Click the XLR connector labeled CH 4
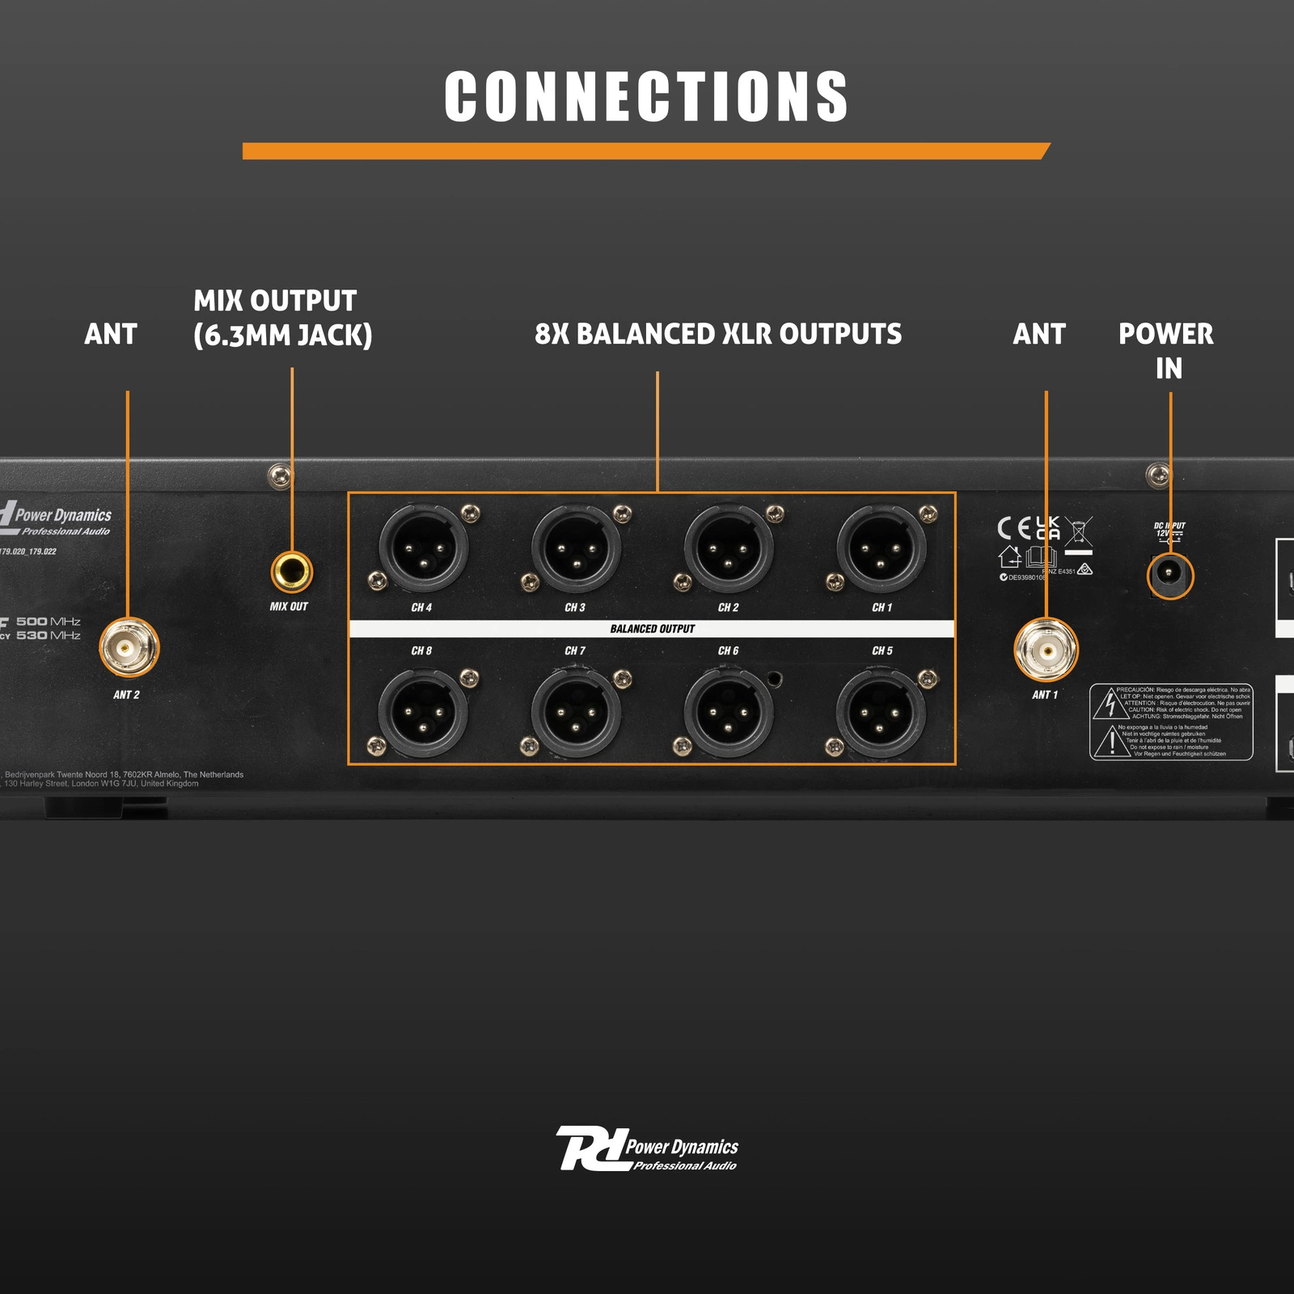pyautogui.click(x=423, y=549)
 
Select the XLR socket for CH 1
pyautogui.click(x=881, y=549)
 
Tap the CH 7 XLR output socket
pyautogui.click(x=575, y=713)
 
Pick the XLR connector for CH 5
pyautogui.click(x=881, y=713)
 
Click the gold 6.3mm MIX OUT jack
pyautogui.click(x=291, y=573)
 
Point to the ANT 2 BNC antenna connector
pyautogui.click(x=129, y=647)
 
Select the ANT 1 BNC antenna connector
pyautogui.click(x=1046, y=649)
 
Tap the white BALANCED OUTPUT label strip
pyautogui.click(x=652, y=628)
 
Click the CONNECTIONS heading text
pyautogui.click(x=646, y=96)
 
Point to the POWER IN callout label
pyautogui.click(x=1166, y=350)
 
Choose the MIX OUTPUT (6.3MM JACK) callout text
pyautogui.click(x=282, y=318)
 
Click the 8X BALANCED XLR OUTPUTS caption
pyautogui.click(x=717, y=334)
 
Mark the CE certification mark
pyautogui.click(x=1014, y=529)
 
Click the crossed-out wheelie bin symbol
pyautogui.click(x=1078, y=533)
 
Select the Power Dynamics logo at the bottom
pyautogui.click(x=646, y=1148)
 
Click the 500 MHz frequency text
pyautogui.click(x=49, y=621)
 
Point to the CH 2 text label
pyautogui.click(x=728, y=607)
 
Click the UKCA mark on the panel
pyautogui.click(x=1048, y=528)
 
